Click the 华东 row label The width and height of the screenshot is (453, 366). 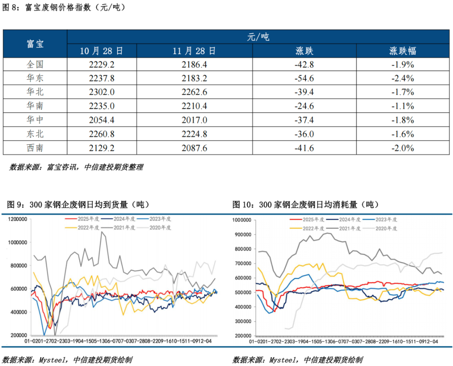[35, 78]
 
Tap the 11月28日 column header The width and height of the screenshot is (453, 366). [194, 51]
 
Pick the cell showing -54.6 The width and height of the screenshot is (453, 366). [304, 78]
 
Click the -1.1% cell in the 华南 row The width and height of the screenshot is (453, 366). [403, 106]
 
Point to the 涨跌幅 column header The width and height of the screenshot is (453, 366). [403, 51]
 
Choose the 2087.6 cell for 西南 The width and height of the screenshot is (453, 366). [194, 148]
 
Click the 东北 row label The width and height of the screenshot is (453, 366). [35, 134]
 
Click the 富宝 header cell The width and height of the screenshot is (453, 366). [35, 44]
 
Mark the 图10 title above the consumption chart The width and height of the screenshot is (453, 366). [306, 204]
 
